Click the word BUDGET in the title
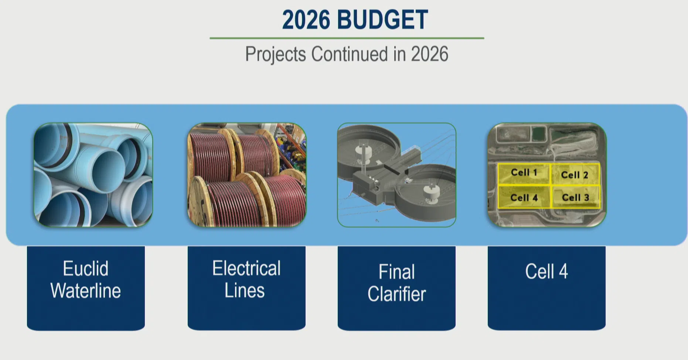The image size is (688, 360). tap(382, 20)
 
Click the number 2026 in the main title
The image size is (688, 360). tap(306, 20)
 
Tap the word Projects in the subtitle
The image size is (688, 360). tap(276, 54)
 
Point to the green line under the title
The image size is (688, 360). tap(347, 38)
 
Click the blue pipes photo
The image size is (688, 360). tap(93, 175)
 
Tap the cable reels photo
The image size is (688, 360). tap(247, 175)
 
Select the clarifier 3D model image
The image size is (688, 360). tap(396, 175)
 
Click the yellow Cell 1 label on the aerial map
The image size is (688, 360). tap(524, 172)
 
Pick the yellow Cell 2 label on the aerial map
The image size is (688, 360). tap(575, 175)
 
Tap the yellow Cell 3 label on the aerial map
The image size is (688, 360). tap(575, 198)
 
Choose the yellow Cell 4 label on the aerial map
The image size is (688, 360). tap(524, 198)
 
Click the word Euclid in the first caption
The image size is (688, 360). tap(86, 268)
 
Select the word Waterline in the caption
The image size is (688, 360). tap(86, 291)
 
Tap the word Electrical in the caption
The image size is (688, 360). tap(246, 268)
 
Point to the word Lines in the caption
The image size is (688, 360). tap(245, 290)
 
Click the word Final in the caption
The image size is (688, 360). tap(397, 272)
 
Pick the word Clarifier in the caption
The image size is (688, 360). tap(397, 294)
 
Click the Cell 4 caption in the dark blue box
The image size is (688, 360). tap(546, 271)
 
